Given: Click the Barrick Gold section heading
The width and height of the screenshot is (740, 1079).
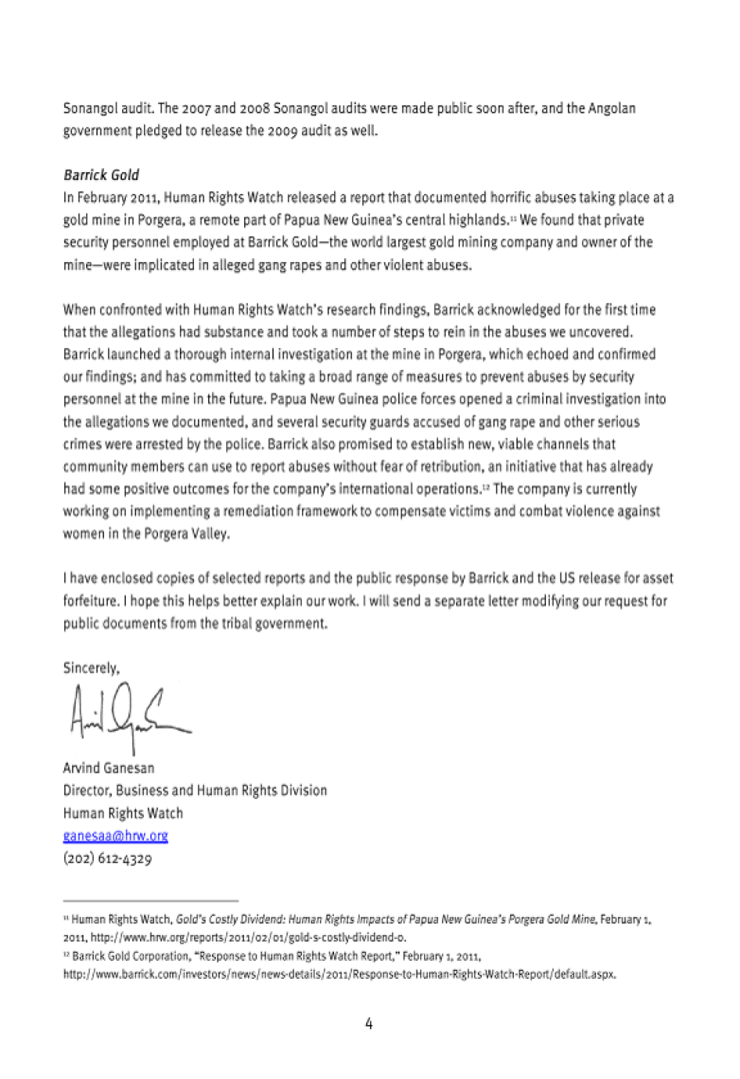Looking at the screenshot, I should coord(101,175).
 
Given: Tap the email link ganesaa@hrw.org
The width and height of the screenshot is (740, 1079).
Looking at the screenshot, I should coord(116,836).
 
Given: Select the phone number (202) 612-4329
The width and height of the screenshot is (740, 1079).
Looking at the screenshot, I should coord(107,859).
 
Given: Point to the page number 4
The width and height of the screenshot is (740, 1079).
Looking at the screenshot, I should coord(368,1023).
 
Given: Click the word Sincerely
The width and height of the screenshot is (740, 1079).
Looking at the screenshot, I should coord(91,669).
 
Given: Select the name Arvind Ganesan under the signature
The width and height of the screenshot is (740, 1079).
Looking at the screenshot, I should coord(109,768).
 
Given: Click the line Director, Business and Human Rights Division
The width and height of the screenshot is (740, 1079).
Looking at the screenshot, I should coord(195,790).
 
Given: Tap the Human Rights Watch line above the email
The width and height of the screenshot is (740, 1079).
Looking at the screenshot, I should coord(123,813).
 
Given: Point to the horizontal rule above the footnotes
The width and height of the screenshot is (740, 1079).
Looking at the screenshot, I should coord(150,900).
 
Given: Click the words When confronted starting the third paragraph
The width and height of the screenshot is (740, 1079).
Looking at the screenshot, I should coord(111,310).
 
